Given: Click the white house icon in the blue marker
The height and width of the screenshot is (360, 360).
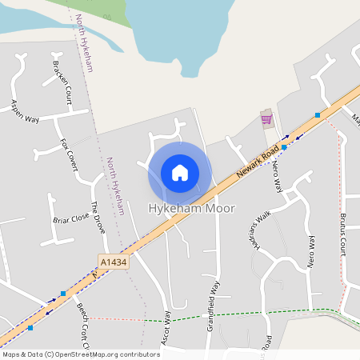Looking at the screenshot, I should coord(180,173).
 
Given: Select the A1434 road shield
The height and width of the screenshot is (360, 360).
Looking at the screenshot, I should coord(114,262).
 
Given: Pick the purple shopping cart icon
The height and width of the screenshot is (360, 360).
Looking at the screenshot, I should coord(266,119).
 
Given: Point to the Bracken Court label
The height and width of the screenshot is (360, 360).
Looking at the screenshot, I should coord(62,82).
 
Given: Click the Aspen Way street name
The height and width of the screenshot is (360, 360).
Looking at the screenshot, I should coord(25,110).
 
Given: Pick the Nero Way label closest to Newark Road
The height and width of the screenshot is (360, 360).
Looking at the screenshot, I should coord(278,176).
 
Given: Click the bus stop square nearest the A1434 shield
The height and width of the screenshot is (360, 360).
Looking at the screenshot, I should coord(62,294).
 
